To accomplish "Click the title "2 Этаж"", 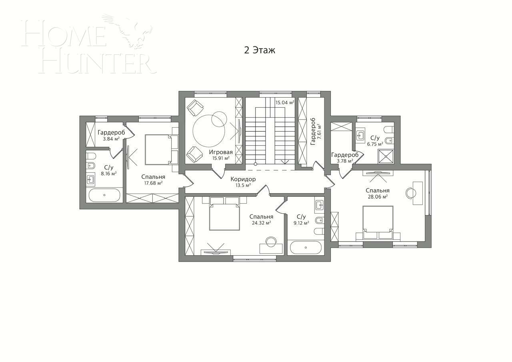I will tap(260, 50).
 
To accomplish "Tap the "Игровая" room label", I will tap(220, 152).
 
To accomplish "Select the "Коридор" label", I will tap(243, 179).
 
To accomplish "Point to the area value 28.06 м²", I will tap(377, 196).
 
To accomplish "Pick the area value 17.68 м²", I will tap(153, 183).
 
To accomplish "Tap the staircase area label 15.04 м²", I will tap(284, 102).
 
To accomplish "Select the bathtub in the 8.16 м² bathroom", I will tap(104, 195).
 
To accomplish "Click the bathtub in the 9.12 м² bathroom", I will tap(306, 248).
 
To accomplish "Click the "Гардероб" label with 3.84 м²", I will tap(111, 132).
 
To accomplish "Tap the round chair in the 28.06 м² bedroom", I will tap(411, 193).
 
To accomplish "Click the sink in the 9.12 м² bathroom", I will tap(319, 205).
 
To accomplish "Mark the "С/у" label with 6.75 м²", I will tap(375, 138).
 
